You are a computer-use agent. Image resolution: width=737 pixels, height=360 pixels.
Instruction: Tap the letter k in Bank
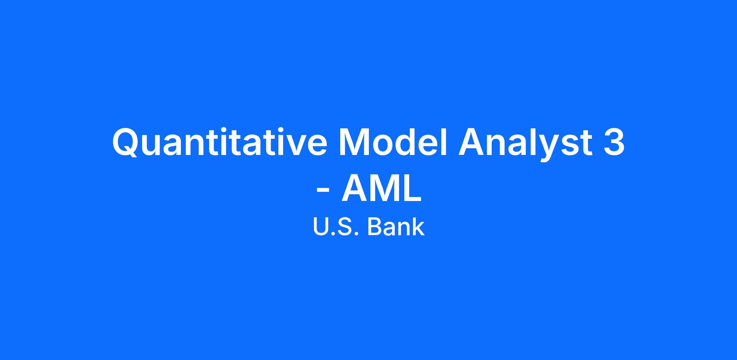point(418,226)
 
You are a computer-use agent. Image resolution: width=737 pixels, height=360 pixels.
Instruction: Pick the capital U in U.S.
point(321,227)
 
